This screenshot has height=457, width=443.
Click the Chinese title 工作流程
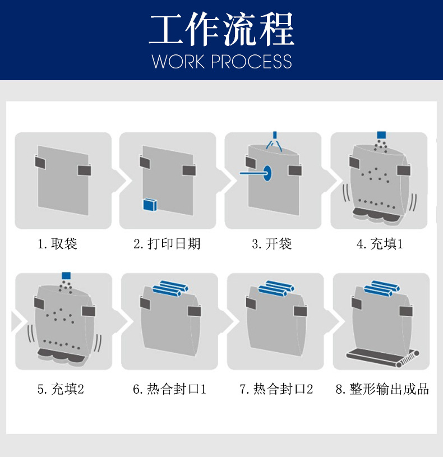[x=221, y=29]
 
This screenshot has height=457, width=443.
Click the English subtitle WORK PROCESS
[x=221, y=62]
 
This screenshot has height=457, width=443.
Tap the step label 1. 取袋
[x=57, y=244]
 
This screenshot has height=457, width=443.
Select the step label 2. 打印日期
[x=167, y=244]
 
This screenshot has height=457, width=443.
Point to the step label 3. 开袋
[x=271, y=244]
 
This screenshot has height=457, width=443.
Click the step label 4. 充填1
[x=380, y=244]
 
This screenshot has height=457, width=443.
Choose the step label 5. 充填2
[x=61, y=389]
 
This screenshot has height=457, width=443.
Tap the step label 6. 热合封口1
[x=169, y=389]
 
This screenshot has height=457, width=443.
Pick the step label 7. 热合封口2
[x=276, y=389]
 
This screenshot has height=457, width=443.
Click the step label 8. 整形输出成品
[x=382, y=389]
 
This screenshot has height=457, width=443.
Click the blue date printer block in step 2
[x=150, y=204]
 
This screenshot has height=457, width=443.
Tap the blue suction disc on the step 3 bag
[x=267, y=173]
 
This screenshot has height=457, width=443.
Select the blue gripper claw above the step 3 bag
[x=274, y=142]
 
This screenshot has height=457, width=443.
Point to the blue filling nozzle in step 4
[x=381, y=135]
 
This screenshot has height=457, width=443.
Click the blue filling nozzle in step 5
[x=66, y=276]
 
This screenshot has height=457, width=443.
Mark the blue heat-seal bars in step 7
[x=276, y=288]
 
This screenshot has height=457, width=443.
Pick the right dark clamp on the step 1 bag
[x=84, y=170]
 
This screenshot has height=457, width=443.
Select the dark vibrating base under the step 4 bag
[x=375, y=215]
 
